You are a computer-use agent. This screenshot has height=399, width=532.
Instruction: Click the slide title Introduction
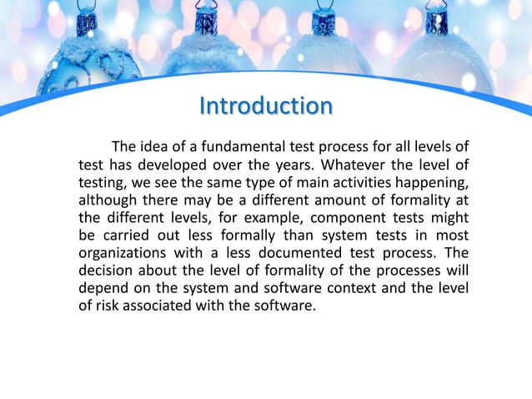[266, 107]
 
